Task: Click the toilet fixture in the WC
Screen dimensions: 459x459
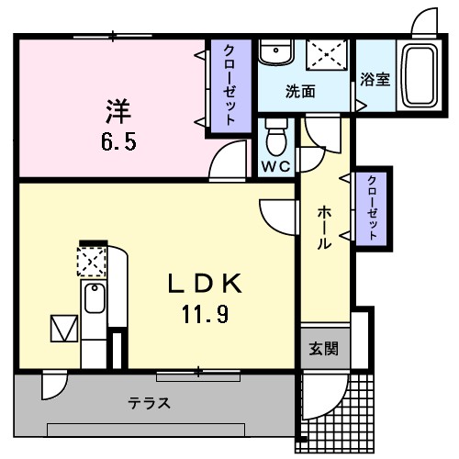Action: tap(274, 139)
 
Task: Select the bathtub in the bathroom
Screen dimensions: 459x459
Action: tap(420, 74)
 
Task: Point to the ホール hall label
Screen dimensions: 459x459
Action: tap(324, 228)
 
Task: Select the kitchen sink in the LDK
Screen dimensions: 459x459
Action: tap(94, 299)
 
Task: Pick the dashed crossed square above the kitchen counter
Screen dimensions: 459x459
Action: tap(92, 263)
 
